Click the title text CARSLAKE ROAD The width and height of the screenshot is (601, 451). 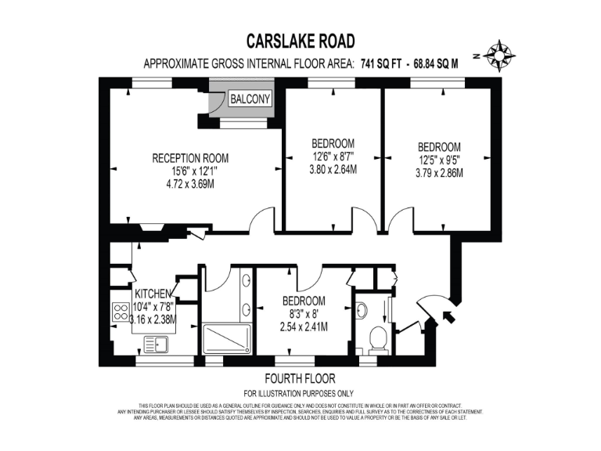300,41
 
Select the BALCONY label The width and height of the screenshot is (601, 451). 250,99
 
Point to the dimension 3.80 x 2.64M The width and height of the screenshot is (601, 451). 333,168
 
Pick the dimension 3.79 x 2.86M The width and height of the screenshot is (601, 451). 439,172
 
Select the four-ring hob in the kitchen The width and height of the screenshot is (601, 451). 121,312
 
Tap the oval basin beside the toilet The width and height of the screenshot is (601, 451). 362,310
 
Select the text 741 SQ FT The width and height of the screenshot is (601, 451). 383,65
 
